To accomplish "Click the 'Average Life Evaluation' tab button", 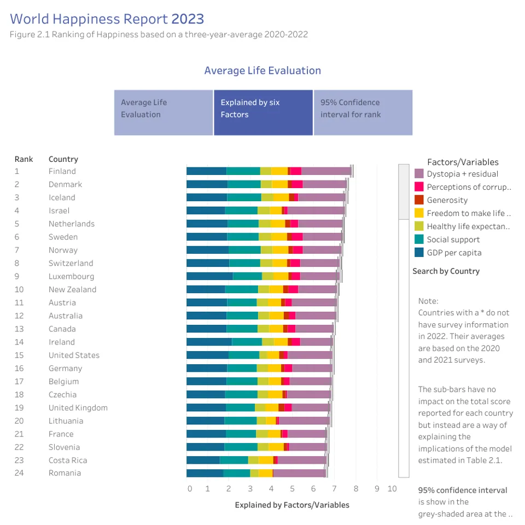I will coord(163,113).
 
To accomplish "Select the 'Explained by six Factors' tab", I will coord(263,113).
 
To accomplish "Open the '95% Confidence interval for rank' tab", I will coord(363,113).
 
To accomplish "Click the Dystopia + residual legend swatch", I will coord(419,174).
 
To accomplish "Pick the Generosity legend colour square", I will coord(419,200).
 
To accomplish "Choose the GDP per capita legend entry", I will coord(454,253).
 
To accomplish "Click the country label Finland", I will coord(62,171).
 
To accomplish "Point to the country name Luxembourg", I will coord(71,276).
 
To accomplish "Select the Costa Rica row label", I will coord(68,460).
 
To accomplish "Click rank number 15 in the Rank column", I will coord(19,355).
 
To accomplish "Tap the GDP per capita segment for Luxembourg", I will coord(209,276).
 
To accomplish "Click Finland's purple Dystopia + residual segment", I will coord(326,171).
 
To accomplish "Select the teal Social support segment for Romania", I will coord(236,473).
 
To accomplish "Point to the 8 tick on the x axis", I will coord(355,489).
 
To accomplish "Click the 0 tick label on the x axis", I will coord(190,489).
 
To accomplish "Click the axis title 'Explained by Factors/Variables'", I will coord(292,505).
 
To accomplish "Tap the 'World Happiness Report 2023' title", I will coord(107,19).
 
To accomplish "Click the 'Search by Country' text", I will coord(446,271).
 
